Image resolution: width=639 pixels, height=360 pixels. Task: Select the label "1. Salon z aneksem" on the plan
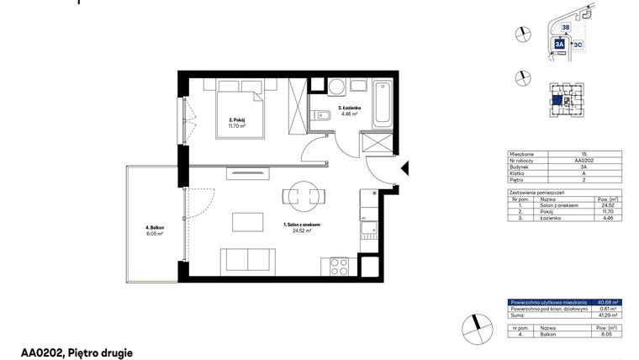pos(304,225)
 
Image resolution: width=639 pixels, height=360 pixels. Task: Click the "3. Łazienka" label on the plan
pos(350,109)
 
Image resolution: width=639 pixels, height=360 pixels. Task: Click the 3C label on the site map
pos(578,43)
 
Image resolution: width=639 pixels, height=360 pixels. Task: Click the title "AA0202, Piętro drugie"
pos(77,353)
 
